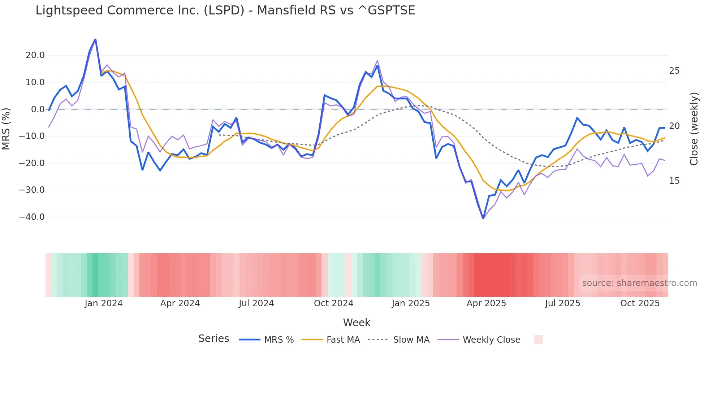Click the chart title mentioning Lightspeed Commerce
[225, 10]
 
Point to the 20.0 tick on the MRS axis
[35, 55]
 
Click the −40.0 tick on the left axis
[32, 217]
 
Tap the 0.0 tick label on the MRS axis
[38, 109]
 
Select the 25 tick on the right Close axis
[674, 71]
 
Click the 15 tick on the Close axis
[674, 181]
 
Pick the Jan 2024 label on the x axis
[104, 303]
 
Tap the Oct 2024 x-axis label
[333, 303]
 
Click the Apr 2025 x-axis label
[486, 303]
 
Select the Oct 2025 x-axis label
[640, 303]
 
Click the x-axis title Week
[357, 323]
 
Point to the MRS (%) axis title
[6, 129]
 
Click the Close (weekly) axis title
[694, 129]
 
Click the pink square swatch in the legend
[538, 339]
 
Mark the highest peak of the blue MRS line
[95, 39]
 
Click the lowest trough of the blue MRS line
[483, 218]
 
